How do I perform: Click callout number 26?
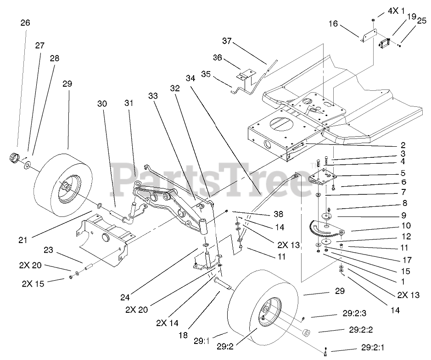25,22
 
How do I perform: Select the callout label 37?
227,41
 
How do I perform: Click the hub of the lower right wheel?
266,312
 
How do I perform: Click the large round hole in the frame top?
277,124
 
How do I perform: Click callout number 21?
24,239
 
